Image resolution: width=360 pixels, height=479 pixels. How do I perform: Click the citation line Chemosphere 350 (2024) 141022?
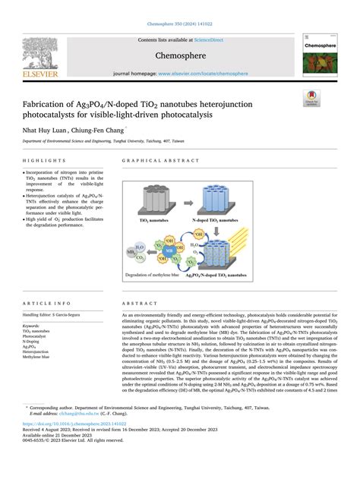pos(179,8)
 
